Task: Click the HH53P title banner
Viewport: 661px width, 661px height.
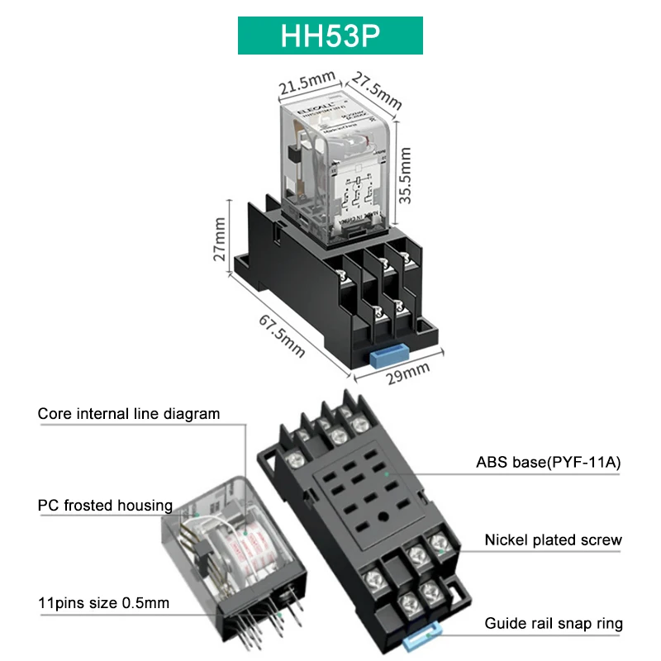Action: coord(330,36)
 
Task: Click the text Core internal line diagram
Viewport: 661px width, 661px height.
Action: coord(129,413)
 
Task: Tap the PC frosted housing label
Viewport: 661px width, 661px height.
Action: coord(105,505)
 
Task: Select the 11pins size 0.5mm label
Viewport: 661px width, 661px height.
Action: coord(103,602)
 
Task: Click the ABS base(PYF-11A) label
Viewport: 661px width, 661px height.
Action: coord(548,463)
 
